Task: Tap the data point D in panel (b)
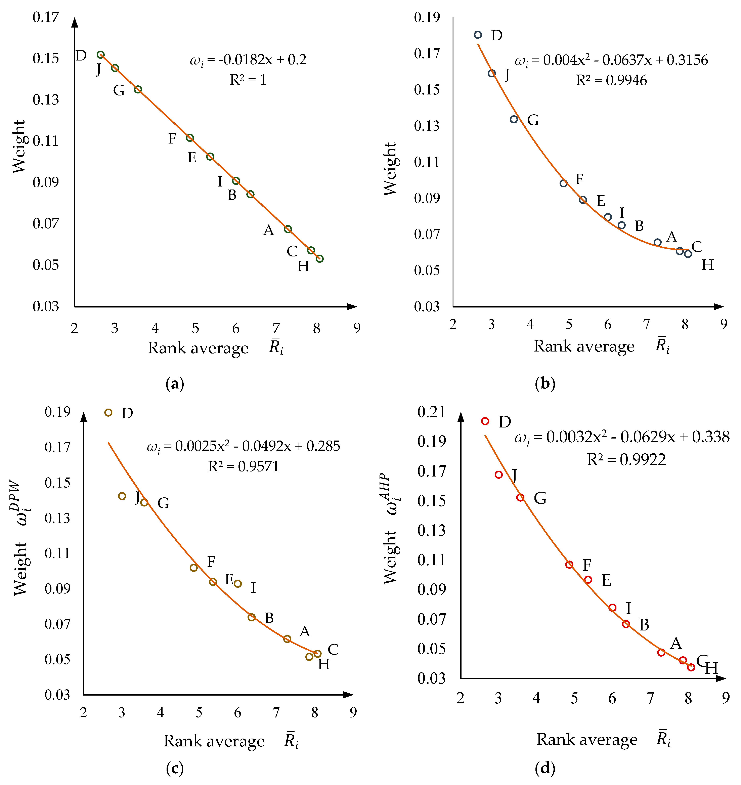tap(478, 35)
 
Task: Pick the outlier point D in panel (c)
tap(108, 412)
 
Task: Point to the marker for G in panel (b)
tap(514, 119)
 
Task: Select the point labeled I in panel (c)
tap(238, 583)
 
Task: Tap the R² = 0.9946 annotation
tap(611, 81)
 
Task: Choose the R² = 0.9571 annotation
tap(243, 467)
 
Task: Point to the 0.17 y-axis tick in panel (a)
tap(46, 17)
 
